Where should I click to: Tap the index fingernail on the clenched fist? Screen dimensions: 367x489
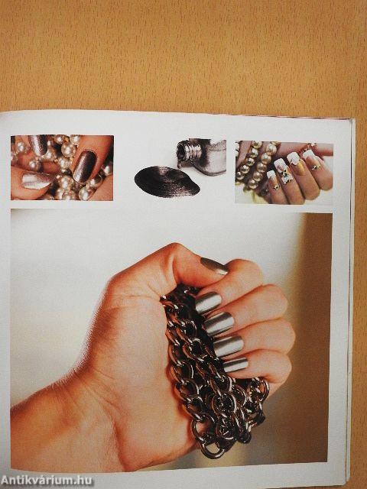tap(208, 303)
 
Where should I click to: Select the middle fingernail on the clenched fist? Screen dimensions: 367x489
tap(219, 323)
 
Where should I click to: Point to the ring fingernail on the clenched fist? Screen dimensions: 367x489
tap(229, 345)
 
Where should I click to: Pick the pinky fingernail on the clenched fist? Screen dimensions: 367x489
tap(235, 364)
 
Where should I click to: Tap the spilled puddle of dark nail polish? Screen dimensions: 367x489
tap(167, 182)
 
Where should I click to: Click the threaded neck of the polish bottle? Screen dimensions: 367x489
tap(187, 151)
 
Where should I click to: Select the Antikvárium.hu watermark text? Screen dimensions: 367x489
tap(47, 481)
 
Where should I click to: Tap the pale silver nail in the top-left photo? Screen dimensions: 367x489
tap(37, 181)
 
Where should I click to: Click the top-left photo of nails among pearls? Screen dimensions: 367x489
tap(62, 167)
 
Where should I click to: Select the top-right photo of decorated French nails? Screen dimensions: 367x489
tap(284, 173)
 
